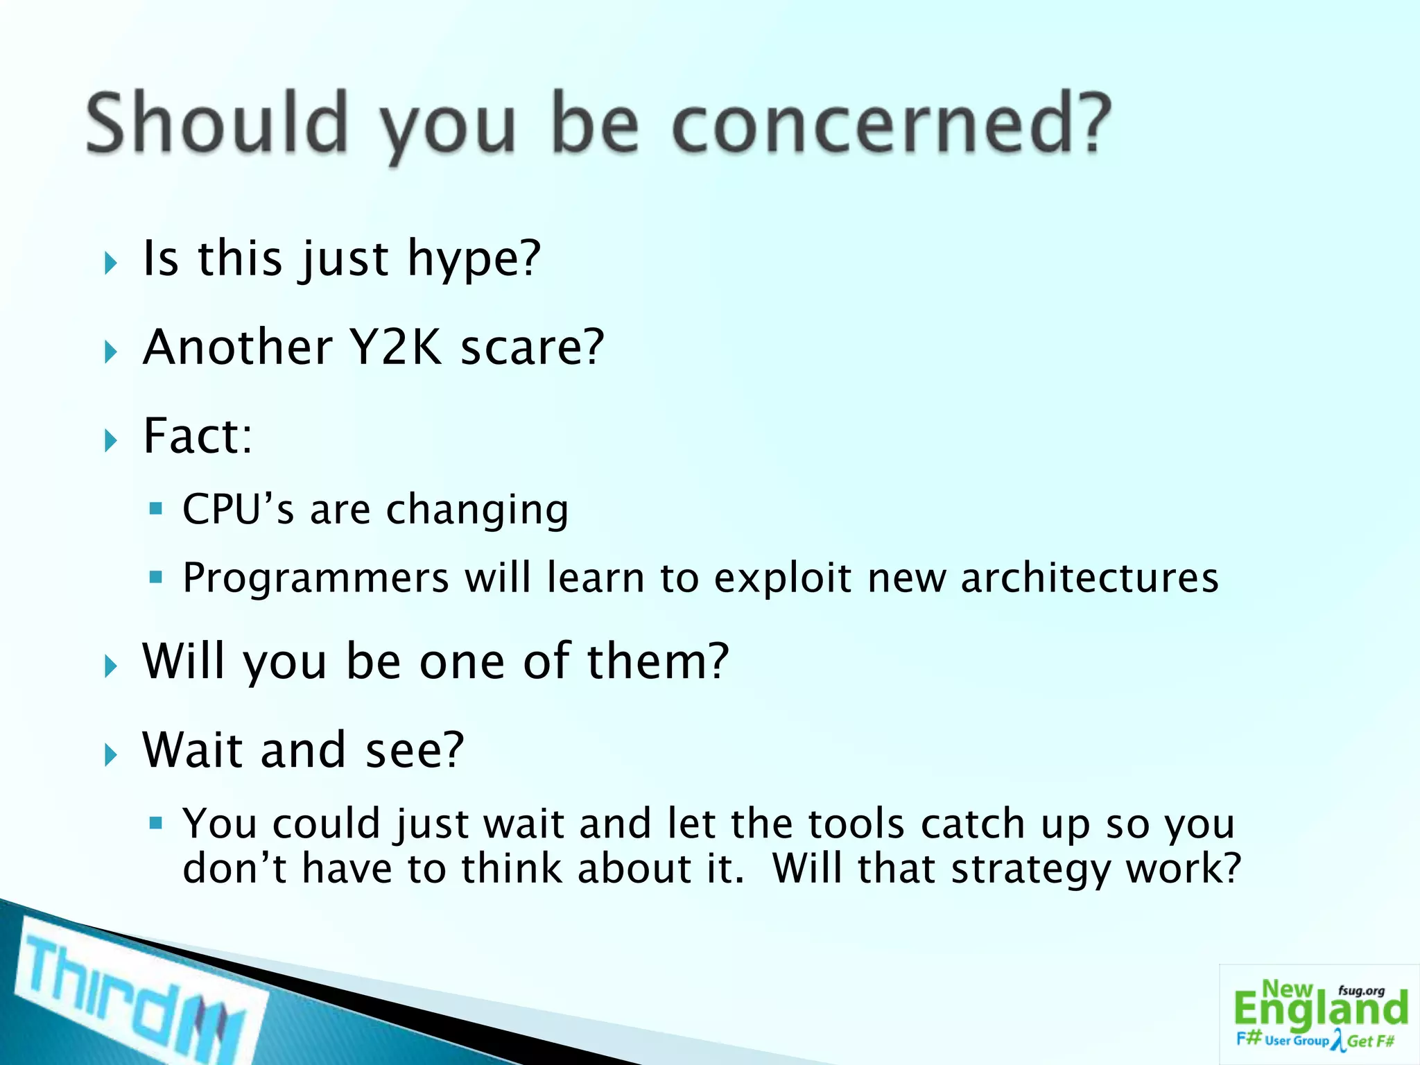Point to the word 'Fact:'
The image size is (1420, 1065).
(198, 436)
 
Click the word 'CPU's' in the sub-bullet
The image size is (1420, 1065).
(238, 510)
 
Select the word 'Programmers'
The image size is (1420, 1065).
(315, 578)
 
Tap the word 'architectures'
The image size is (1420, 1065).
(1089, 578)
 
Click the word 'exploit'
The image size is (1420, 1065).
(782, 578)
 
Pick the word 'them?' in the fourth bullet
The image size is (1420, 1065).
(658, 661)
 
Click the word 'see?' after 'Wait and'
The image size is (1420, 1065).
(415, 750)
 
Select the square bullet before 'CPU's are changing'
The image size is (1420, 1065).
(155, 510)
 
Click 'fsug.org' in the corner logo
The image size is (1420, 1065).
(1361, 991)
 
